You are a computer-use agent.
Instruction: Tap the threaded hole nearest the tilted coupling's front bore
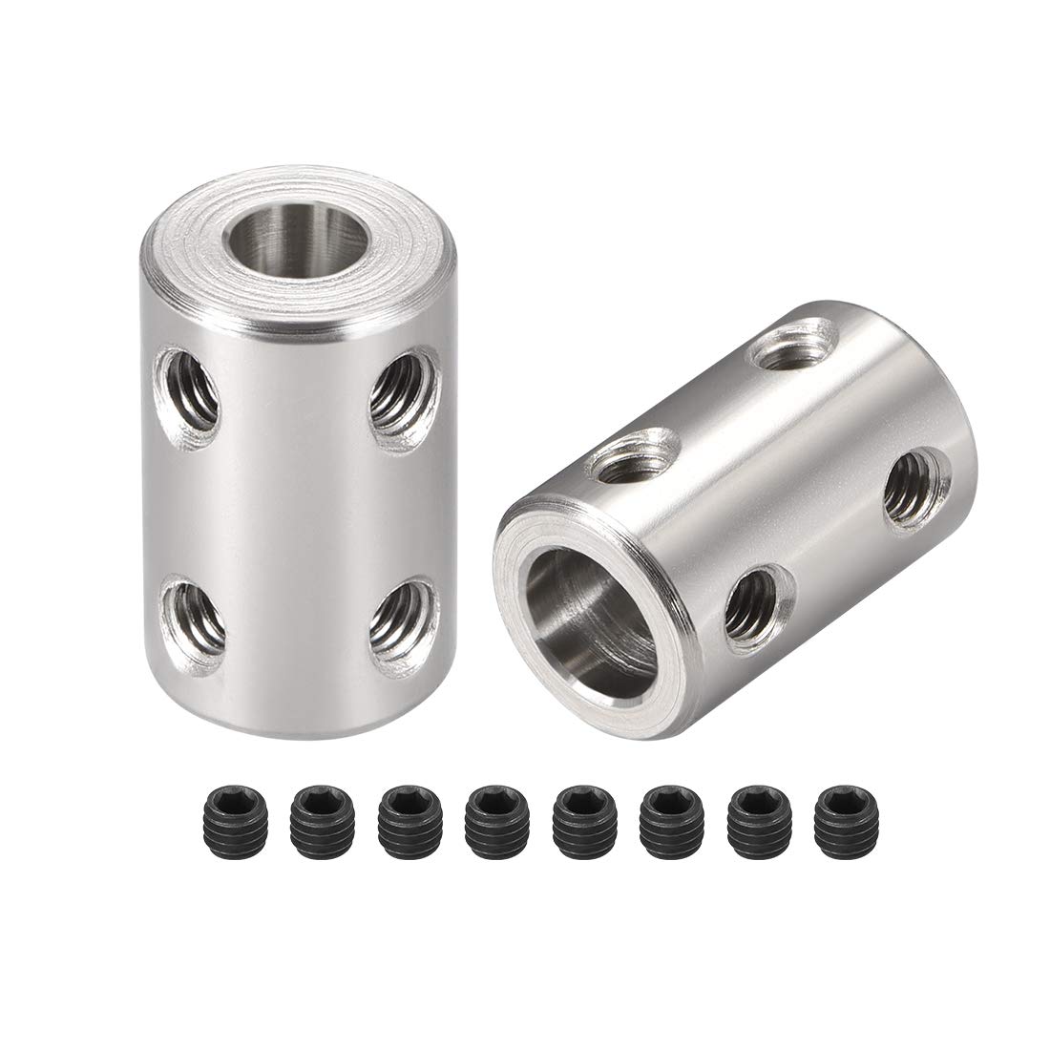(758, 601)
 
